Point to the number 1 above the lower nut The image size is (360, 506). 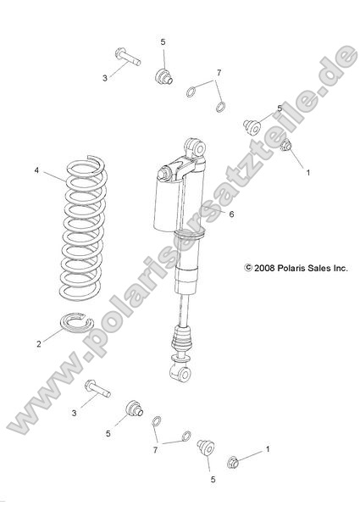(x=269, y=448)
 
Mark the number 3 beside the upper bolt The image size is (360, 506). (x=104, y=77)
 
